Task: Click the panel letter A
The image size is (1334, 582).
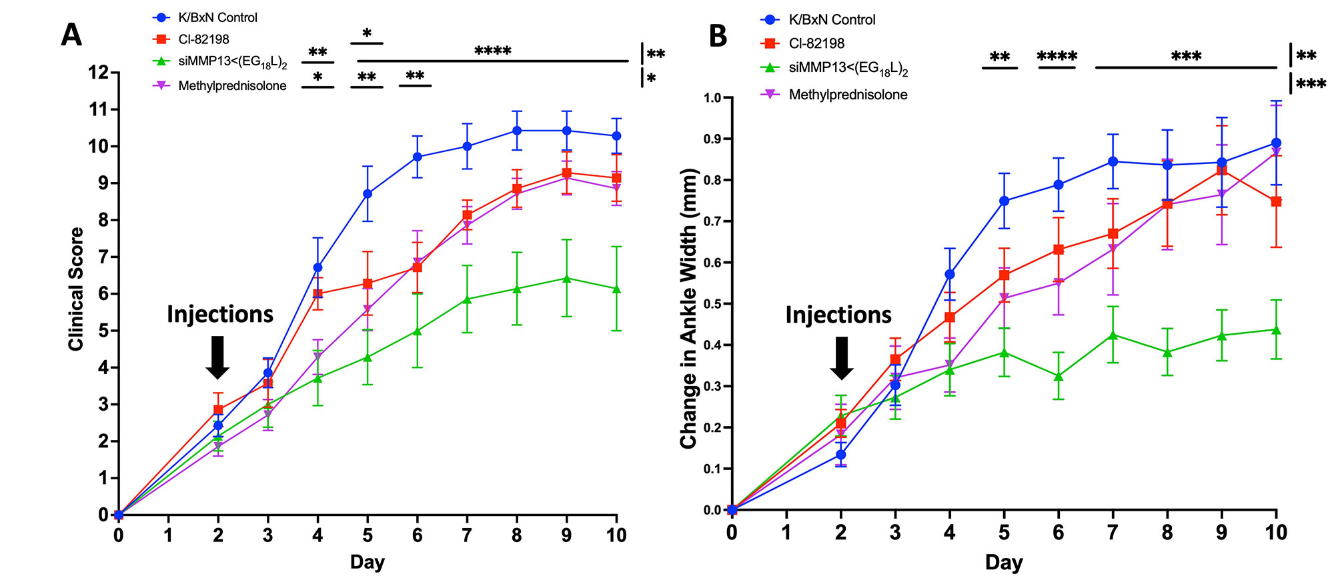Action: click(71, 35)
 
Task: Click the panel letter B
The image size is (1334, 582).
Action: click(718, 36)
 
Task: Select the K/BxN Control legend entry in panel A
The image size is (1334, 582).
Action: click(217, 18)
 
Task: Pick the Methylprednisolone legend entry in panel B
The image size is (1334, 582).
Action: click(848, 95)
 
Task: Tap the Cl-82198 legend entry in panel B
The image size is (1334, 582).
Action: click(816, 43)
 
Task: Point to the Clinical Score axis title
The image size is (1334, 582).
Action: click(76, 289)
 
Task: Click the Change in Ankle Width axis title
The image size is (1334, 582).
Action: click(688, 308)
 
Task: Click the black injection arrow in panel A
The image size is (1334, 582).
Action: click(217, 357)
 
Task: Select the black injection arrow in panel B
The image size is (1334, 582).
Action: click(841, 357)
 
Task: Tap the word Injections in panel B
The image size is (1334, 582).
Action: click(838, 315)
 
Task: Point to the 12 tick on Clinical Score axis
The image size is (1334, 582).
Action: click(99, 72)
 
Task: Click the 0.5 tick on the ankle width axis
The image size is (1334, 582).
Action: click(712, 304)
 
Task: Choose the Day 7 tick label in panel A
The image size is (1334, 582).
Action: click(467, 535)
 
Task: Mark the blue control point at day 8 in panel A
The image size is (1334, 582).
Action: click(516, 131)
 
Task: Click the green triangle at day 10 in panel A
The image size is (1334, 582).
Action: click(616, 289)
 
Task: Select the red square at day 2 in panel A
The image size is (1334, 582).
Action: click(218, 410)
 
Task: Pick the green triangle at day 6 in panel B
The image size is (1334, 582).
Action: click(1058, 377)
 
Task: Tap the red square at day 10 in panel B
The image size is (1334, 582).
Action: click(1276, 201)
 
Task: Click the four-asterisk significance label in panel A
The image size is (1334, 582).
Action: click(493, 51)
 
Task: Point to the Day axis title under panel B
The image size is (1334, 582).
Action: click(1004, 563)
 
